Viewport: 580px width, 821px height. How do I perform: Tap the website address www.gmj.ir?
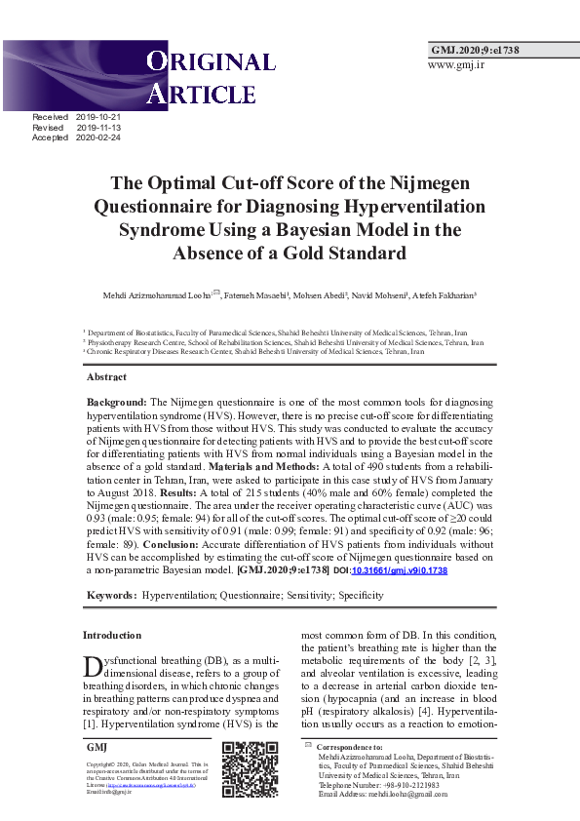click(456, 64)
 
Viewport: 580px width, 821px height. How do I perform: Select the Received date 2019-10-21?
click(97, 117)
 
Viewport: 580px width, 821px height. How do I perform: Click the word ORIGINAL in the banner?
click(211, 63)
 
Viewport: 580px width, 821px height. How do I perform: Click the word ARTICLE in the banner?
click(201, 95)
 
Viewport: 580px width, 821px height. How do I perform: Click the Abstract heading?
click(106, 376)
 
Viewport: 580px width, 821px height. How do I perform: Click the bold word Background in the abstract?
click(116, 402)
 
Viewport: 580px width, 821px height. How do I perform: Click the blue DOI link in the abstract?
click(398, 569)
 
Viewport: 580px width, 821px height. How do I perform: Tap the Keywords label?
click(110, 595)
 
